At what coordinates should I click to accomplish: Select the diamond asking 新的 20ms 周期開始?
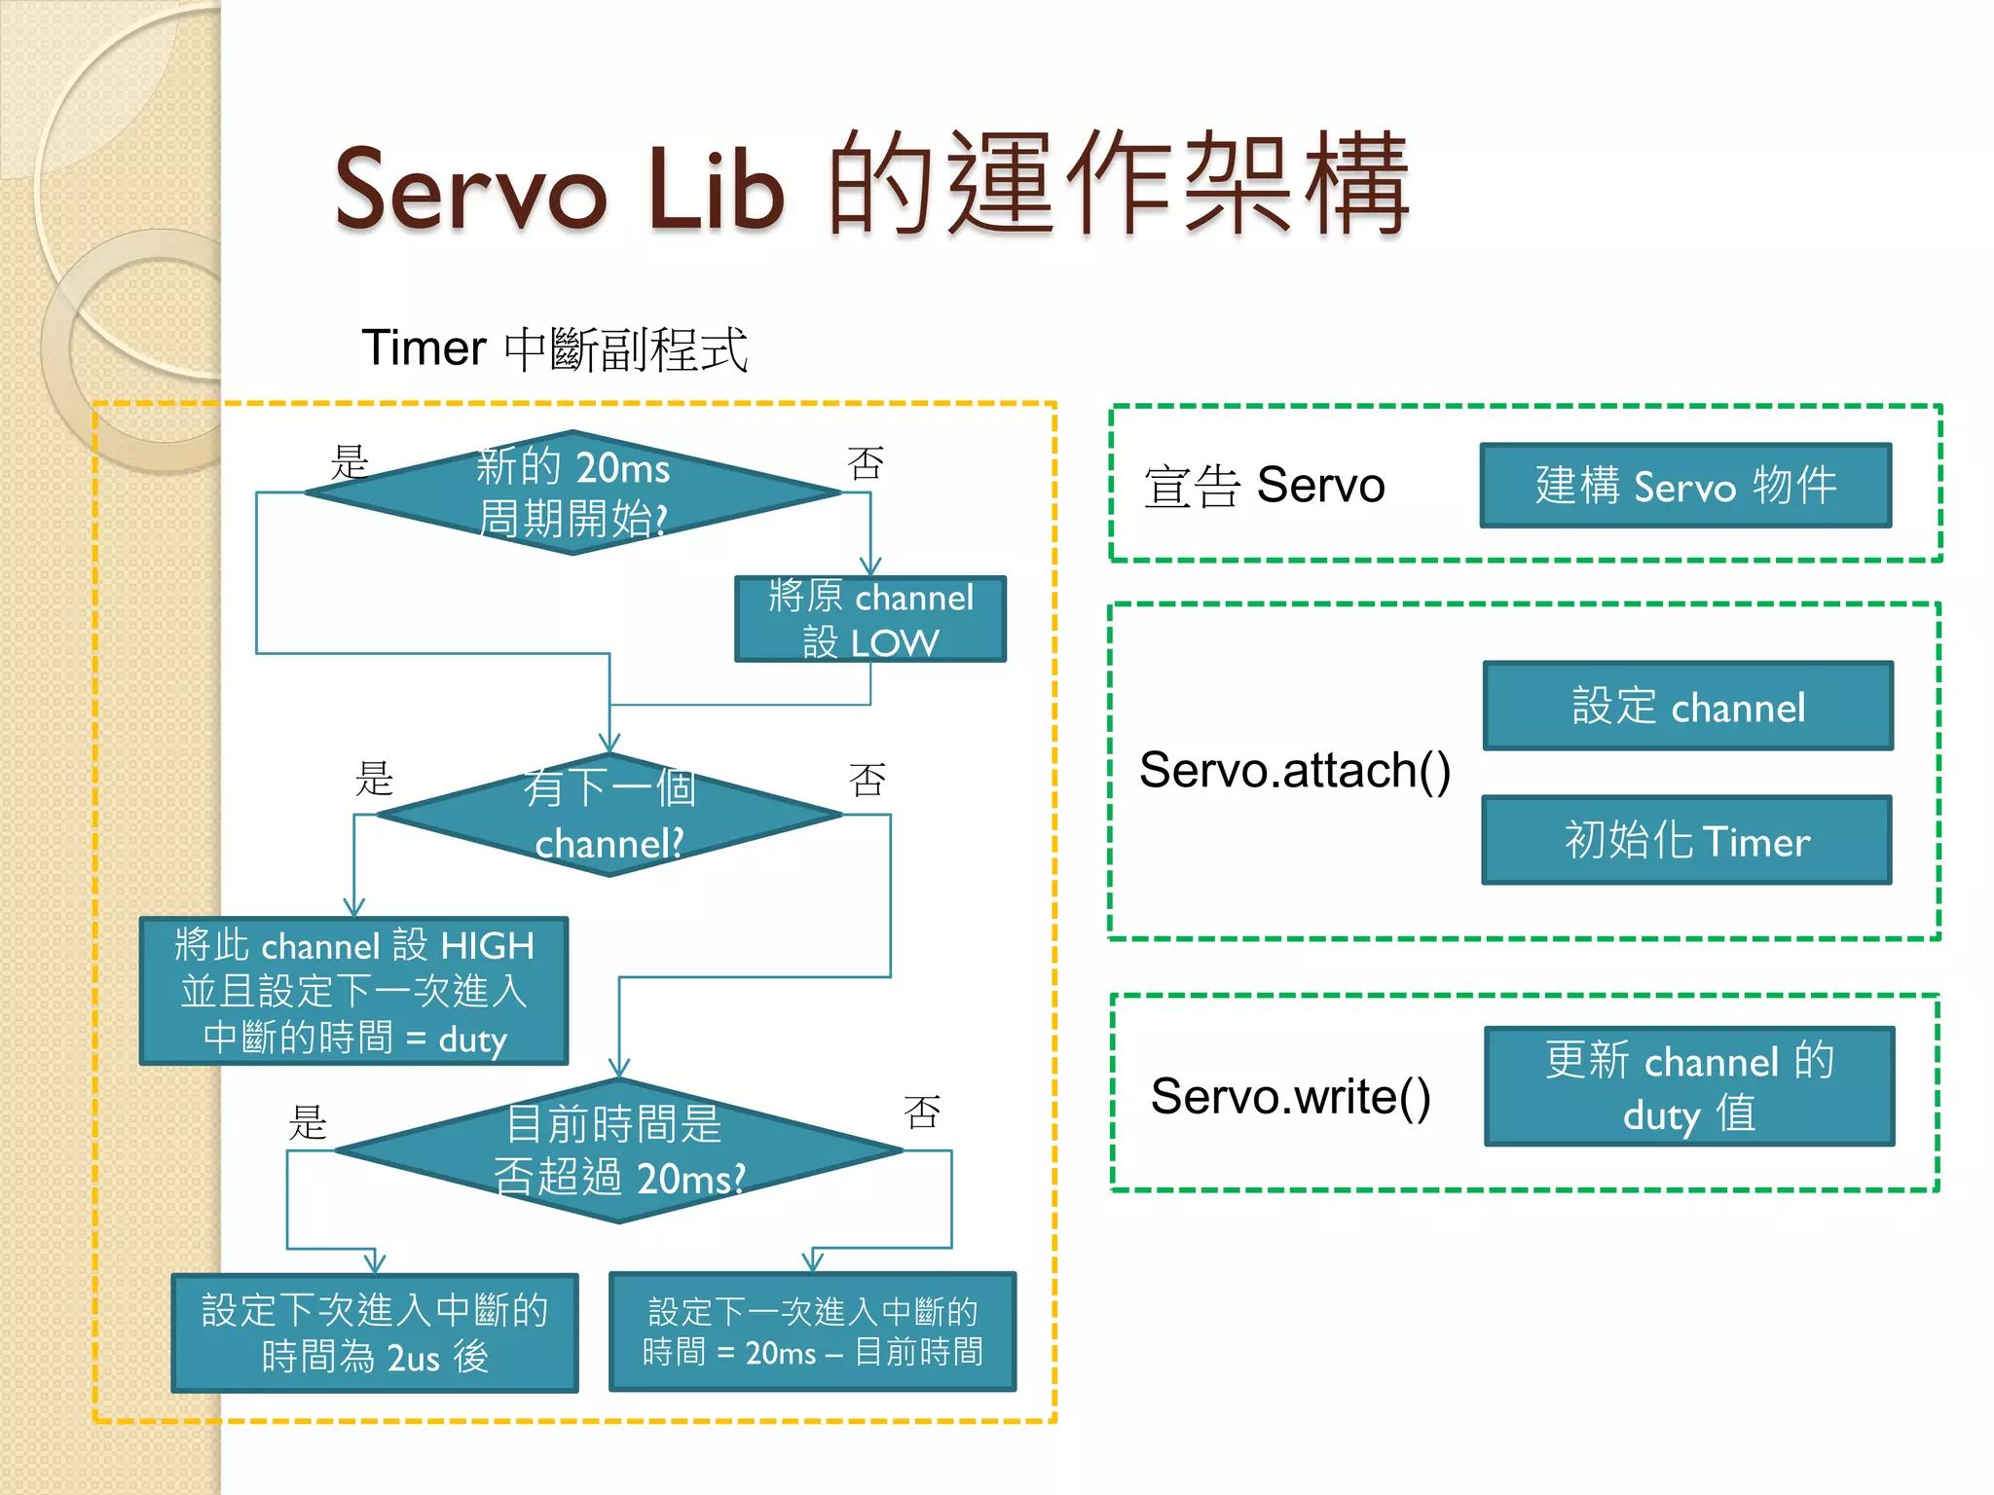[573, 492]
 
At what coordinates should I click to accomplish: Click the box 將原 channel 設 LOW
[870, 619]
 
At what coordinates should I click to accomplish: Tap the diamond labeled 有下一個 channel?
[609, 816]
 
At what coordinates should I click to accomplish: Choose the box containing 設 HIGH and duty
[354, 991]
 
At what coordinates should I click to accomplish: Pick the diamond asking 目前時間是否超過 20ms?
[619, 1150]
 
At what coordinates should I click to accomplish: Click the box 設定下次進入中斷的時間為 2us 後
[375, 1332]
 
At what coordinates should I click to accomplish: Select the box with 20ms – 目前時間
[812, 1331]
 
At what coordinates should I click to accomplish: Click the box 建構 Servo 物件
[1685, 486]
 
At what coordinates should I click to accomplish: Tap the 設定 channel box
[1687, 706]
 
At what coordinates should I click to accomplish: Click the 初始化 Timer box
[1686, 840]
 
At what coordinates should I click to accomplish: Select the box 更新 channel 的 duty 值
[1689, 1086]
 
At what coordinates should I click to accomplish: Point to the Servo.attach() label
[1295, 770]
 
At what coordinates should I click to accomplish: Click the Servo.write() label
[1291, 1097]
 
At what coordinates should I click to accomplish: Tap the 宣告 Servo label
[1264, 486]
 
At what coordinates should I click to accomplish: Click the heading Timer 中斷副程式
[554, 348]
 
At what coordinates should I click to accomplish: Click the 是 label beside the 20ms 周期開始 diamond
[350, 461]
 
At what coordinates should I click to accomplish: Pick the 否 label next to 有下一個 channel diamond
[867, 779]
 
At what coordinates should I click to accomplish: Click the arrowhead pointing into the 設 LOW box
[870, 566]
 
